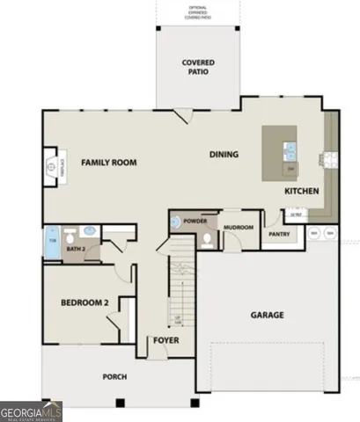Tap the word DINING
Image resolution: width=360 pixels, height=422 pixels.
click(224, 155)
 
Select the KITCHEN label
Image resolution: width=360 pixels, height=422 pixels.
click(301, 192)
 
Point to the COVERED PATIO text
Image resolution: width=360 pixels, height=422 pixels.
click(199, 68)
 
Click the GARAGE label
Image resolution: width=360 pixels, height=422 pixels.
click(267, 314)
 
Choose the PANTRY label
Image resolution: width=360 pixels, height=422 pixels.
click(279, 234)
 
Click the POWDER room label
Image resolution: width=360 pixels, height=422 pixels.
click(195, 221)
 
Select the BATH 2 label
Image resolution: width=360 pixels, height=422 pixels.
click(77, 249)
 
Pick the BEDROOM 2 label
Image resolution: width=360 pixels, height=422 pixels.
click(84, 303)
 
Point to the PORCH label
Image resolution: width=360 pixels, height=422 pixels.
click(114, 376)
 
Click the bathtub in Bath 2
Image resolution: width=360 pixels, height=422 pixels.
click(51, 240)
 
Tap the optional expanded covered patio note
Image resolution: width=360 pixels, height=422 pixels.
click(198, 12)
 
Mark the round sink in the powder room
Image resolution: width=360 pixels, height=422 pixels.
click(175, 222)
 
